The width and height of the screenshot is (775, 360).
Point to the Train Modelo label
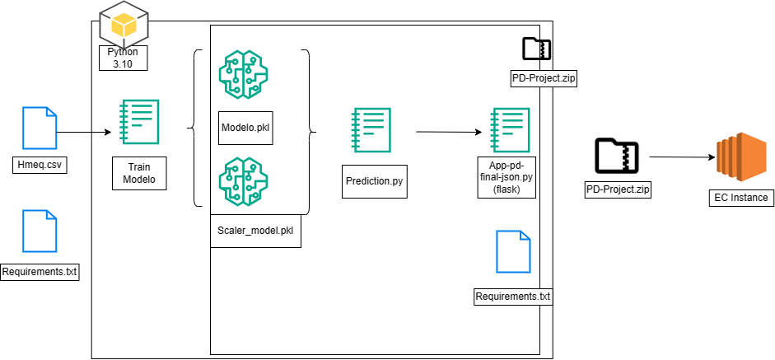tap(138, 171)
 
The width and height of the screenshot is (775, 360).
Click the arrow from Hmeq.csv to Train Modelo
tap(85, 131)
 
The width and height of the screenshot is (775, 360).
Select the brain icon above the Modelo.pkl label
tap(243, 75)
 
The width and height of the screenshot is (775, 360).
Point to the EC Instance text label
tap(739, 197)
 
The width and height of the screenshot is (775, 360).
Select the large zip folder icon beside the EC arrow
tap(616, 155)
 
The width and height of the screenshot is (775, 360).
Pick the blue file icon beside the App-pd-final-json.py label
tap(513, 251)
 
